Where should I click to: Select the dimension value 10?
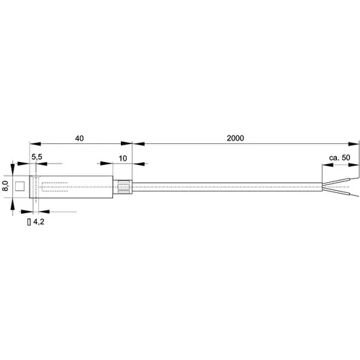[x=123, y=158]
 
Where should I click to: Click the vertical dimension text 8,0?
[x=6, y=185]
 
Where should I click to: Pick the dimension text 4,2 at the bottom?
[x=38, y=224]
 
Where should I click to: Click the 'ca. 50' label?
[x=340, y=158]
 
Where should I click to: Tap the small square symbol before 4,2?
[x=29, y=224]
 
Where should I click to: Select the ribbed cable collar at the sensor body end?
[x=125, y=187]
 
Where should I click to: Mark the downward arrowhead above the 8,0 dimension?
[x=14, y=174]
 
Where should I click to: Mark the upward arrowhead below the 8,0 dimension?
[x=14, y=199]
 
